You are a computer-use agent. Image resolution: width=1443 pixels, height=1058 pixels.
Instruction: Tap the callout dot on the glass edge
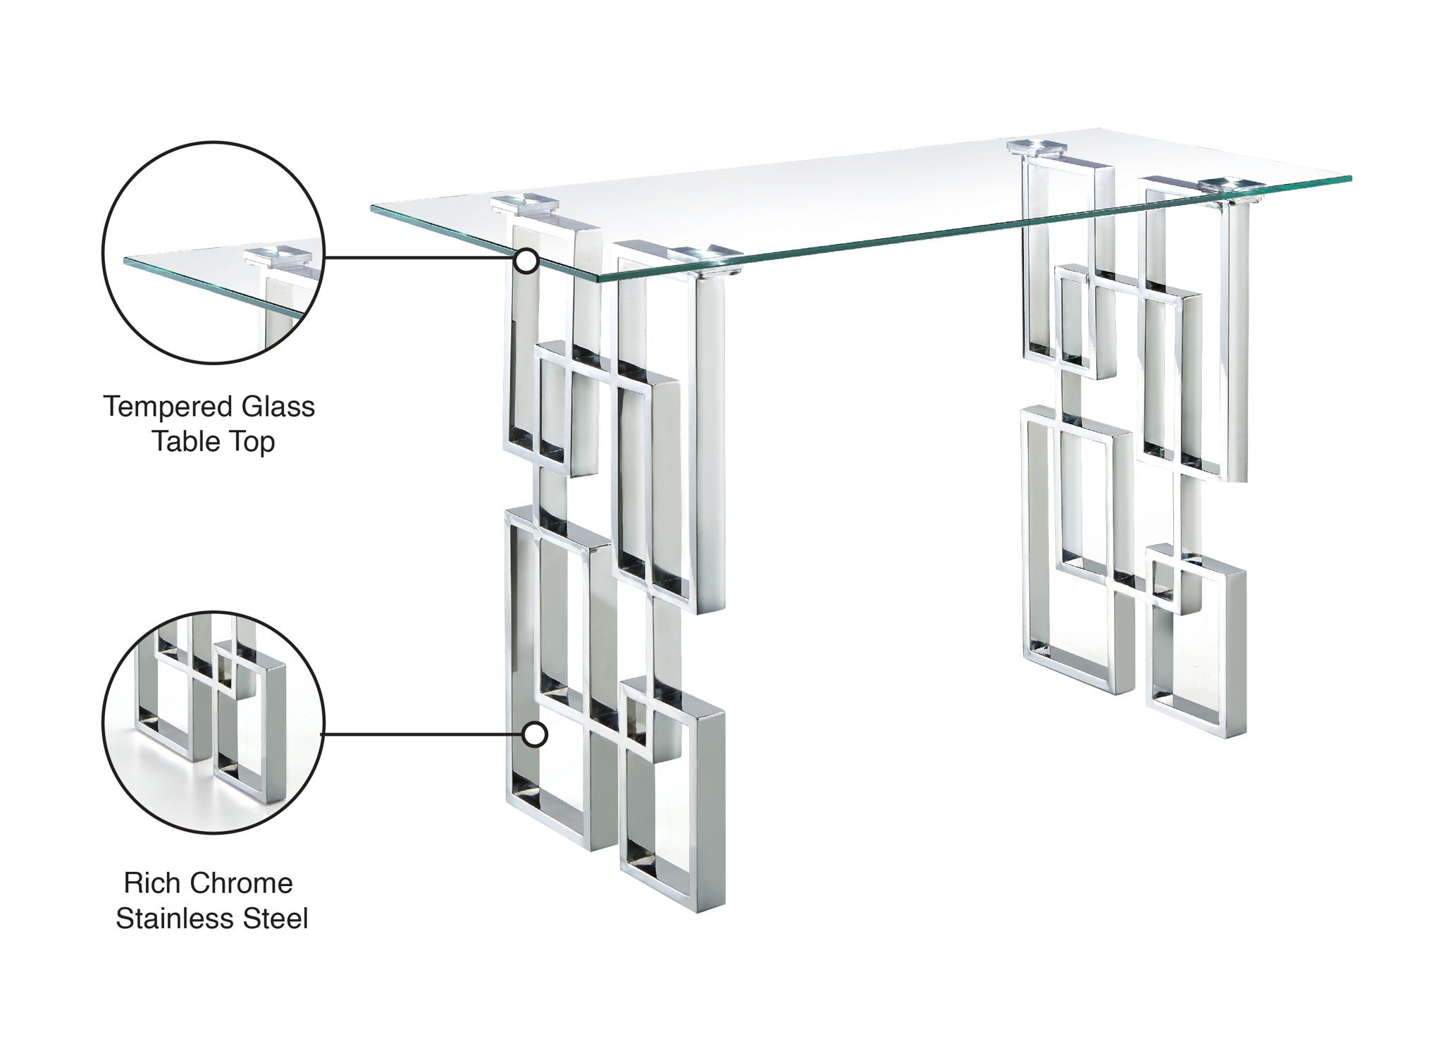pos(526,262)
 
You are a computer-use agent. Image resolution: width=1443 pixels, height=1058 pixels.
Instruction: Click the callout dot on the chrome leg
pos(535,735)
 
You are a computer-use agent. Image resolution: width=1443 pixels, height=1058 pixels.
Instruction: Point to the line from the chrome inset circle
pos(423,735)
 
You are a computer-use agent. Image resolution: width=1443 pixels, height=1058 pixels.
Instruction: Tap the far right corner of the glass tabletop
pos(1349,176)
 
